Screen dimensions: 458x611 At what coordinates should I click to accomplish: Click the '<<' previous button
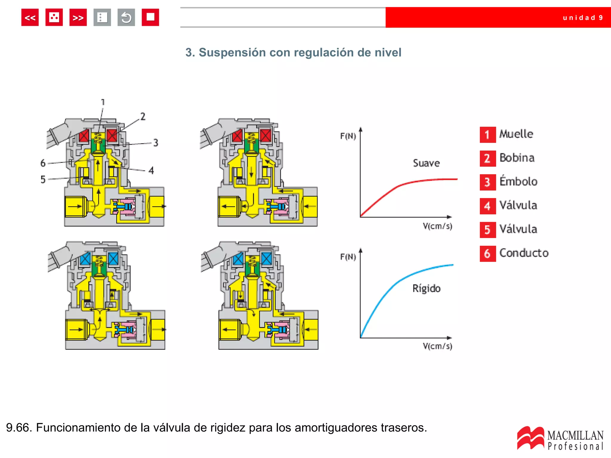[x=30, y=18]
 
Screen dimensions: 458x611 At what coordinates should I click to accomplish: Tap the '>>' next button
[x=78, y=18]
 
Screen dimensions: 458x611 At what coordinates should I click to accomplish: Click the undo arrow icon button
[x=126, y=18]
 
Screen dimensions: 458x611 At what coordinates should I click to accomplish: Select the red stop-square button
[x=150, y=18]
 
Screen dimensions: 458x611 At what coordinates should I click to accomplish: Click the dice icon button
[x=54, y=18]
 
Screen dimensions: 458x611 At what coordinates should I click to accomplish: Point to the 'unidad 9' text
[x=583, y=18]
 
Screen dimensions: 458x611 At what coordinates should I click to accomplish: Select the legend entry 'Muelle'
[x=516, y=134]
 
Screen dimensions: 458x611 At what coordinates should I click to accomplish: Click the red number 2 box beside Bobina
[x=487, y=158]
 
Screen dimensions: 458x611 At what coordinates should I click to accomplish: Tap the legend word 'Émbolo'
[x=518, y=181]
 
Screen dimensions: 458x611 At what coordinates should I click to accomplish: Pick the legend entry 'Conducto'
[x=524, y=253]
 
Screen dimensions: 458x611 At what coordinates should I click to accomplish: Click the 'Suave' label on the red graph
[x=426, y=163]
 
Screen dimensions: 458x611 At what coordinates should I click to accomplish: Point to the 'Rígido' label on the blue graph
[x=426, y=288]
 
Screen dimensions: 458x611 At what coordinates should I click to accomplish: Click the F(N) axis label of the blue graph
[x=348, y=257]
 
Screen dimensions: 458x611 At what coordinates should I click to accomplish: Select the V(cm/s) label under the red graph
[x=437, y=226]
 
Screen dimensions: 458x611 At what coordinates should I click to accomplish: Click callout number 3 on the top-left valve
[x=156, y=143]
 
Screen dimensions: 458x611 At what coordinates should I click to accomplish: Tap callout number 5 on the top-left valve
[x=43, y=180]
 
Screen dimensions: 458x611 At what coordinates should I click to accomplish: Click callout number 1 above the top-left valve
[x=103, y=102]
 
